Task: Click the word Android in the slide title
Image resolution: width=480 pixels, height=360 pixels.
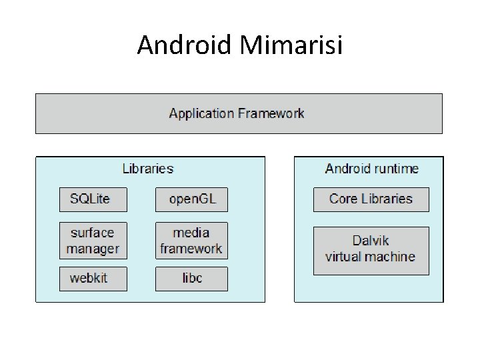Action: coord(183,45)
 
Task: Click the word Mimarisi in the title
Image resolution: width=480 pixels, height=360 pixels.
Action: coord(290,45)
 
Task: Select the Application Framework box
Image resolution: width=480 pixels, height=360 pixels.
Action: coord(238,113)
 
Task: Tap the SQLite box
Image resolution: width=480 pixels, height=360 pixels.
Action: coord(93,199)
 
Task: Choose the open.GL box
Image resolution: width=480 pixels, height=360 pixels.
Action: coord(191,199)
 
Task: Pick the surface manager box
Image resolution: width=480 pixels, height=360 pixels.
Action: coord(93,241)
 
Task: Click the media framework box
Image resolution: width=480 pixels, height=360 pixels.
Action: coord(191,241)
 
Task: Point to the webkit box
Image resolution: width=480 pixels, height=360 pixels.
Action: coord(93,279)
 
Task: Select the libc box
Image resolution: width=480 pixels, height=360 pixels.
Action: coord(191,279)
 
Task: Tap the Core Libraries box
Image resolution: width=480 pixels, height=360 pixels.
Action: coord(371,199)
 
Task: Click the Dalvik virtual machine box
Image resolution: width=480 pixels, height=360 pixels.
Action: coord(371,250)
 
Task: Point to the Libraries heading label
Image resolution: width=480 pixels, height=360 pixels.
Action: coord(148,169)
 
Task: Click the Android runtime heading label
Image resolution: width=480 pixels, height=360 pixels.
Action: coord(371,169)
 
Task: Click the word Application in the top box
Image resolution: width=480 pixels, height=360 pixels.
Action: coord(201,113)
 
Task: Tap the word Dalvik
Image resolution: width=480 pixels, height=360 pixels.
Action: coord(371,241)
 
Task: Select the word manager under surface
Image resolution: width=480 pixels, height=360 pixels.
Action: coord(93,249)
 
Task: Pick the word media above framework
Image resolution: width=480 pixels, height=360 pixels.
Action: coord(191,233)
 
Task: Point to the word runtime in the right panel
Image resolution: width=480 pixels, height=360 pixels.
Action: coord(396,169)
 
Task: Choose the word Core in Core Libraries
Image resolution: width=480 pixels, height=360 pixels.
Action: coord(343,199)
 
